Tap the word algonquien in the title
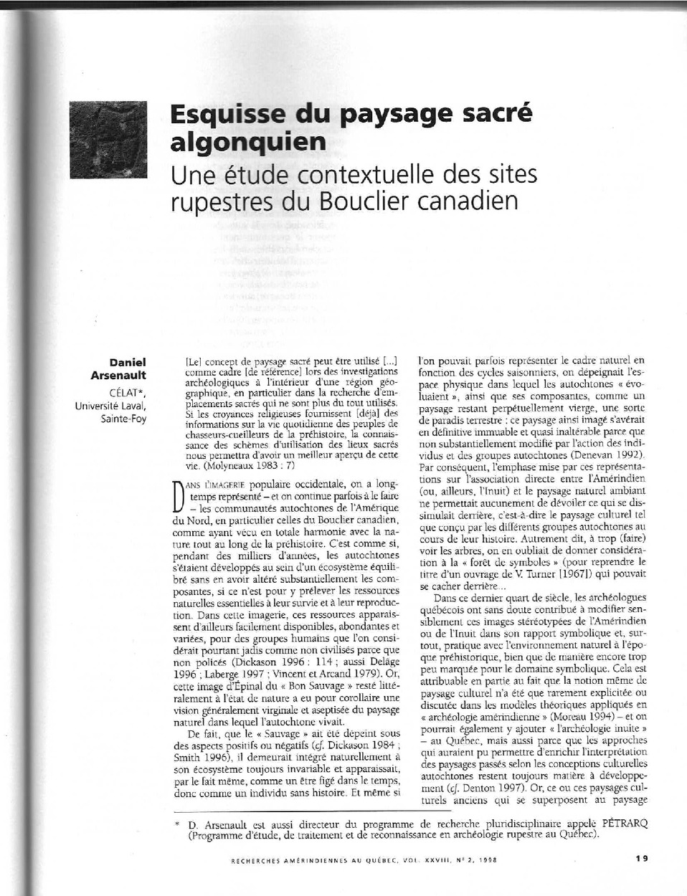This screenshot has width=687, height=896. click(247, 141)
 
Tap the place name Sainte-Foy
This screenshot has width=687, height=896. click(123, 418)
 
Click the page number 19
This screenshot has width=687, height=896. click(641, 858)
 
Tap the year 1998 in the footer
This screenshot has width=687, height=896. click(488, 859)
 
